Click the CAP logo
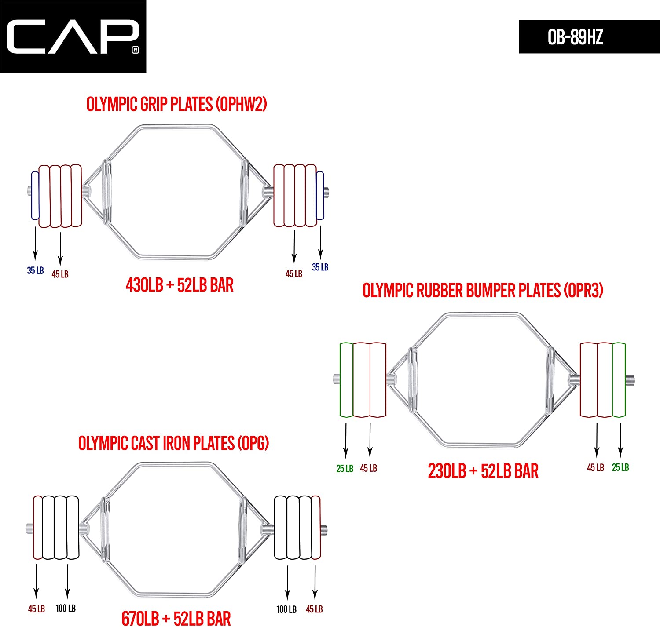click(x=73, y=36)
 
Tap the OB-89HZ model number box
click(x=589, y=36)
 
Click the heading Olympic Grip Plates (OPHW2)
click(x=176, y=104)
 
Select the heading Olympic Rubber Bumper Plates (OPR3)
click(x=483, y=290)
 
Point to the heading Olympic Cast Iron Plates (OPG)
click(x=173, y=443)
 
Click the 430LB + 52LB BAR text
click(x=180, y=285)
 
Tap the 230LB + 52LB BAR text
click(x=483, y=471)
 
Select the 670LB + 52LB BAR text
click(x=176, y=619)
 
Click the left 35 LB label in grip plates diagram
click(x=35, y=270)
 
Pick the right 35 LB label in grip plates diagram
click(x=320, y=267)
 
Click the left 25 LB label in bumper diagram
click(x=345, y=469)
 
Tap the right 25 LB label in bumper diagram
click(x=620, y=467)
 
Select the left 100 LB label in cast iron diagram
click(x=66, y=608)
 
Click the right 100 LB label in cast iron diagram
click(x=286, y=609)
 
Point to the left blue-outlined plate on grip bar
click(x=35, y=196)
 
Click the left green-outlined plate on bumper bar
click(x=346, y=380)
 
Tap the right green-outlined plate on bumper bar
click(x=619, y=380)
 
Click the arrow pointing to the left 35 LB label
click(x=35, y=244)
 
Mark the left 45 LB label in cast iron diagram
click(x=36, y=609)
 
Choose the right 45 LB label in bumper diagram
click(x=596, y=467)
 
